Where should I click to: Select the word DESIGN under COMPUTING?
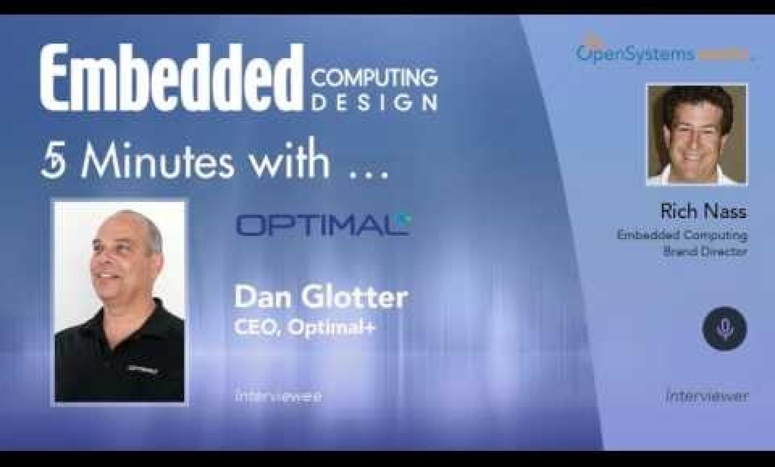(375, 103)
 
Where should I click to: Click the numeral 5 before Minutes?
(55, 163)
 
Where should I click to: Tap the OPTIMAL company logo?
(322, 224)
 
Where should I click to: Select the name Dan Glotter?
(320, 298)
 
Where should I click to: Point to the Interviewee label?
(278, 397)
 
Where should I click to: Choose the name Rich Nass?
(703, 212)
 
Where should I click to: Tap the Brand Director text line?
(705, 251)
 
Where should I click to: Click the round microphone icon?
(724, 329)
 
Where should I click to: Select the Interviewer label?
(707, 396)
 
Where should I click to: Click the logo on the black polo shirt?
(143, 369)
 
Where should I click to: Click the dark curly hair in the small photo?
(697, 99)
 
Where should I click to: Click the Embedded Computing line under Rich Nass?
(682, 235)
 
